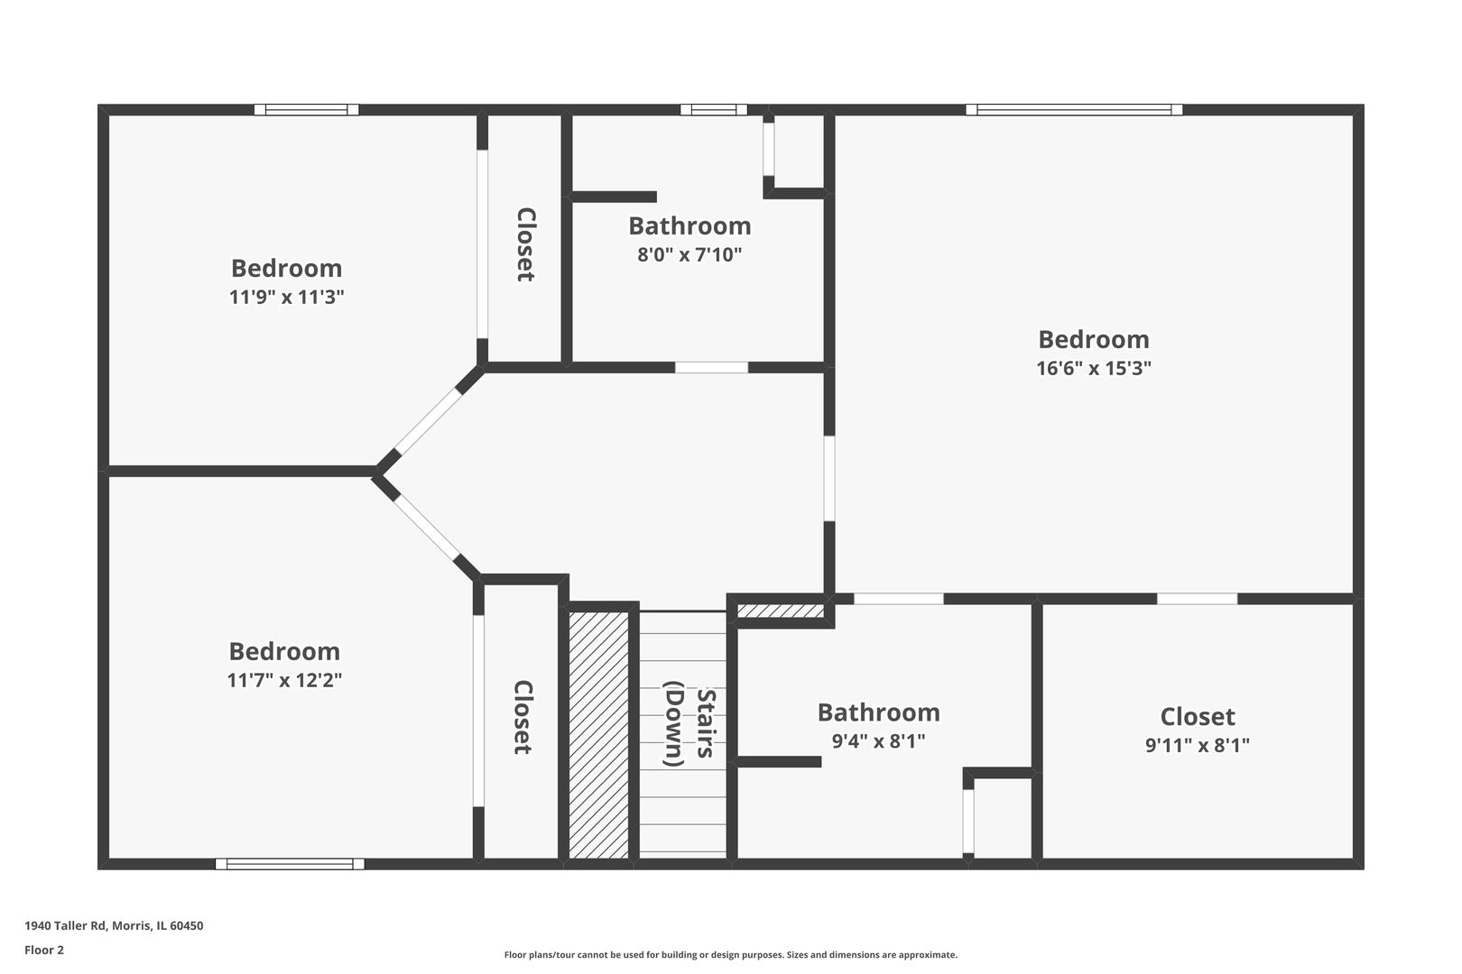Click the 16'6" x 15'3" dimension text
(x=1093, y=369)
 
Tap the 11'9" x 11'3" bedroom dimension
(x=286, y=298)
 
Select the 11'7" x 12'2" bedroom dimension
(x=284, y=680)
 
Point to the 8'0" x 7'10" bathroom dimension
(x=689, y=254)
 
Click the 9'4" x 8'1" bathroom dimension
(x=878, y=741)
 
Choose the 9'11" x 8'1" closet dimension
(x=1197, y=745)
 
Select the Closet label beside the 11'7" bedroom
(x=523, y=717)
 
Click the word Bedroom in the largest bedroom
(x=1093, y=339)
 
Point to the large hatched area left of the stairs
(x=598, y=735)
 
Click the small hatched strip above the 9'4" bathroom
(x=781, y=611)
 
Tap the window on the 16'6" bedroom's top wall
(x=1074, y=110)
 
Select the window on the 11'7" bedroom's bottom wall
(x=290, y=864)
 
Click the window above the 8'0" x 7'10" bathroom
(x=713, y=110)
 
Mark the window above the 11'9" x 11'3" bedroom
(x=306, y=110)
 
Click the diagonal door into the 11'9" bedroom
(x=428, y=421)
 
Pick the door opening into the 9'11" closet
(x=1197, y=599)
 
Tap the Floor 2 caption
(x=44, y=950)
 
